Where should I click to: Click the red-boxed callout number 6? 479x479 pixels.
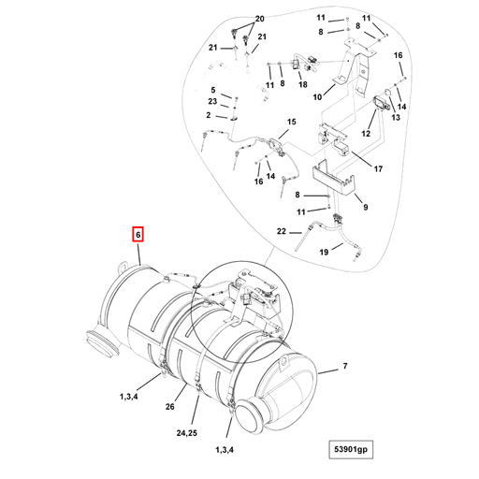coord(138,234)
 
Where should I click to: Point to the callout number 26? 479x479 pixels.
coord(170,407)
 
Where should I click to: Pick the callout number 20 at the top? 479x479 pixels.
coord(260,19)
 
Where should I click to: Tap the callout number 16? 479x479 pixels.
coord(398,56)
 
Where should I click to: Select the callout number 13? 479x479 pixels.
coord(396,118)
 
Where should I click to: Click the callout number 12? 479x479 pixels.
coord(367,135)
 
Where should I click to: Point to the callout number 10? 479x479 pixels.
coord(317,96)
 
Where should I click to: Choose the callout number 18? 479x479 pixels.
coord(302,84)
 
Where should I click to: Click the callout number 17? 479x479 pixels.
coord(379,169)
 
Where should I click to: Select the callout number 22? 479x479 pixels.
coord(282,230)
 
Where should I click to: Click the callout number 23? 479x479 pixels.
coord(212,101)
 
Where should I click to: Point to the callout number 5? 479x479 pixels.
coord(212,89)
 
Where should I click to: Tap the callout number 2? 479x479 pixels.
coord(209,114)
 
